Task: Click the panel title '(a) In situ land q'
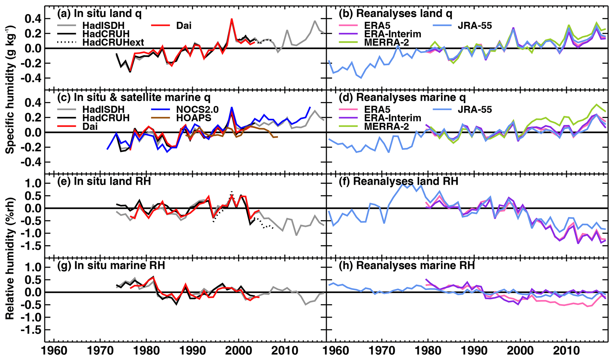99,13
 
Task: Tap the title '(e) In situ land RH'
104,181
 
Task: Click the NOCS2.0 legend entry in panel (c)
198,109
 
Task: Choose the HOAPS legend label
193,118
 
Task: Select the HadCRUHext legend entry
113,42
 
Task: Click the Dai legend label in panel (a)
184,26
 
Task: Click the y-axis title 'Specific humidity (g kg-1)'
10,89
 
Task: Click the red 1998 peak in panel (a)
231,20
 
